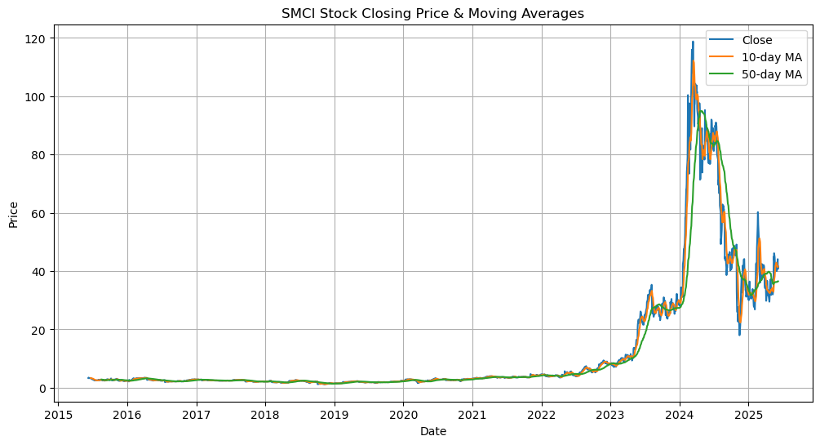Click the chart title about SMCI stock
(x=432, y=14)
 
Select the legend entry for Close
(x=757, y=39)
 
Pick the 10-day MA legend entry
(x=771, y=57)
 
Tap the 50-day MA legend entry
(x=771, y=75)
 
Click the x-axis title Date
(x=432, y=431)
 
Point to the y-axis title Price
(x=13, y=214)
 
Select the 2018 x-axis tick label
(x=265, y=412)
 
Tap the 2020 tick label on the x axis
(x=403, y=412)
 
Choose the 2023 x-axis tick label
(x=610, y=412)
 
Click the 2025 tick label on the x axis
(x=748, y=412)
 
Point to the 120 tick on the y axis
(x=36, y=38)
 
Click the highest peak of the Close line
(x=693, y=42)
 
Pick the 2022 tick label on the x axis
(x=541, y=412)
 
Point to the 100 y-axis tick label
(x=36, y=97)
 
